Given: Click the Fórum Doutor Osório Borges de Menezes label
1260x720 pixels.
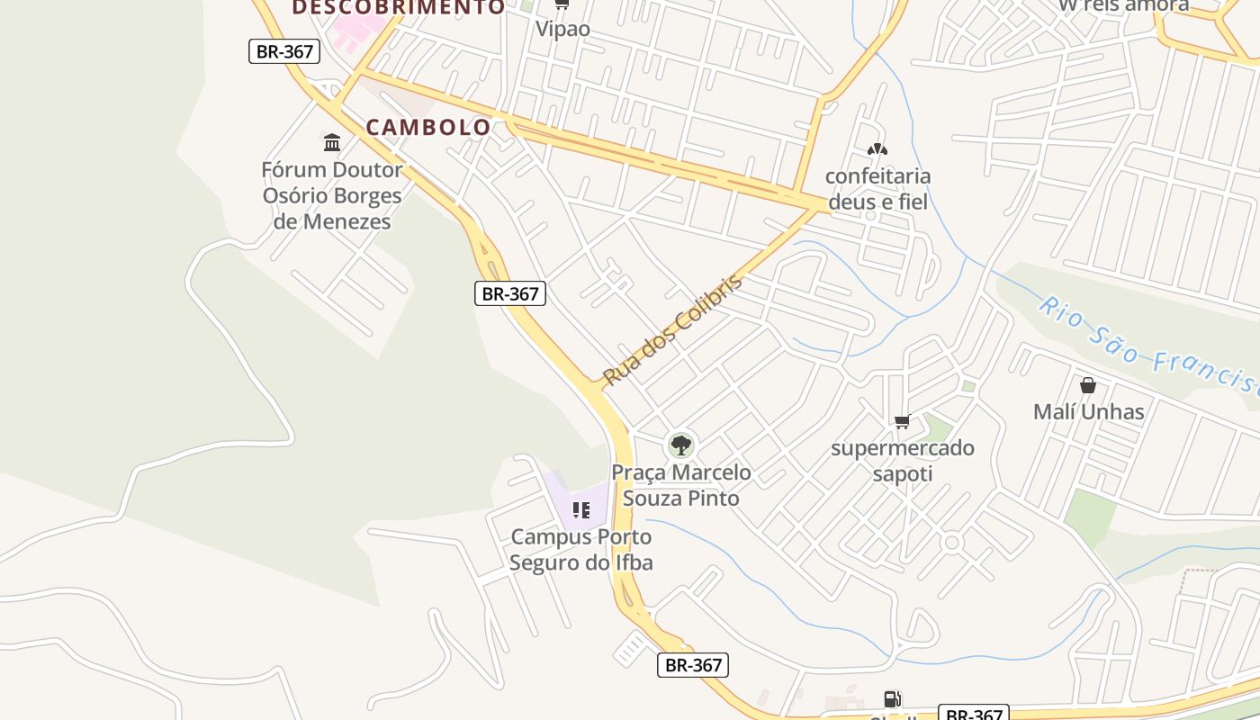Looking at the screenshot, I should pos(332,195).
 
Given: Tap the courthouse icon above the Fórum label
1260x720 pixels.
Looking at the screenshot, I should pos(332,142).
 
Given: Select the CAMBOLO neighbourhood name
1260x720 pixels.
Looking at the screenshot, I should pos(428,127).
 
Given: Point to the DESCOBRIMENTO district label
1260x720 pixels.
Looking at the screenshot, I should pos(399,7).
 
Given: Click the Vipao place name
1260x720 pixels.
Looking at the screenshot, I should pos(563,29).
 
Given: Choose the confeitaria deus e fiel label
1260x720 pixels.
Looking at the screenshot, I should pos(877,189).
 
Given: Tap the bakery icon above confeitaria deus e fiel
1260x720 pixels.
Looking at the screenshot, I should pos(877,148).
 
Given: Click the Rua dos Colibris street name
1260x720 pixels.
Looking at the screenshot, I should pos(673,329).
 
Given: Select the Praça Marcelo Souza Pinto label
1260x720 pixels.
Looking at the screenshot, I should pos(681,485).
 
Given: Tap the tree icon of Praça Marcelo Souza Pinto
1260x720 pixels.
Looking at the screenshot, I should pos(681,445).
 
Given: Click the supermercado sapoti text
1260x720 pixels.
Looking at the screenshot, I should pos(903,461).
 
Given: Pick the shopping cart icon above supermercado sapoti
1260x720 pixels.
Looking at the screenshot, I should pos(903,421).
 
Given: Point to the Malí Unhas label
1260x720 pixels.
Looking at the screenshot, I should pos(1088,412).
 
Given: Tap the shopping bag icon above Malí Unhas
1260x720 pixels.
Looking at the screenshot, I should pos(1088,385).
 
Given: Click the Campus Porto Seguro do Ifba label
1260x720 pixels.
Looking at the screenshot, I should pos(581,550).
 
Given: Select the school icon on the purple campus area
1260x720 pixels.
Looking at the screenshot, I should pos(581,510).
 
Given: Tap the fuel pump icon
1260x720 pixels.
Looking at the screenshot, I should pos(892,698).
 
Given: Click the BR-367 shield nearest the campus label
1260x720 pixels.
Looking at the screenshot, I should pos(692,665).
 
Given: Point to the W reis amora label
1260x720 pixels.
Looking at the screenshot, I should pos(1123,5).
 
